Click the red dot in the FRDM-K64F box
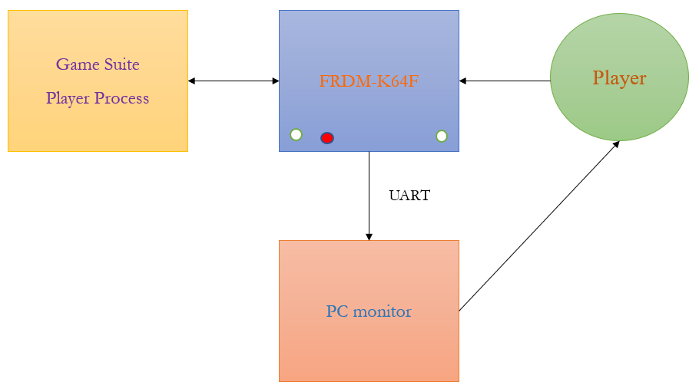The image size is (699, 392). pyautogui.click(x=327, y=138)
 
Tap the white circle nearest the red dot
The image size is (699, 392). pyautogui.click(x=296, y=134)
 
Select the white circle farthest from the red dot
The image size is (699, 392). pyautogui.click(x=442, y=136)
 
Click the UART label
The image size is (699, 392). pyautogui.click(x=409, y=196)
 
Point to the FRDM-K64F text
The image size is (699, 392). pyautogui.click(x=369, y=81)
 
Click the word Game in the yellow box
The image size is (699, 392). pyautogui.click(x=77, y=64)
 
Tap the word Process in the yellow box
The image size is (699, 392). pyautogui.click(x=121, y=98)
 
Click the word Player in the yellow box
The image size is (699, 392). pyautogui.click(x=68, y=98)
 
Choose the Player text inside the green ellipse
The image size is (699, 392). pyautogui.click(x=619, y=77)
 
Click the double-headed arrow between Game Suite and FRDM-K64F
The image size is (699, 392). pyautogui.click(x=234, y=81)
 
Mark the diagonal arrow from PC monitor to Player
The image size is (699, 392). pyautogui.click(x=538, y=227)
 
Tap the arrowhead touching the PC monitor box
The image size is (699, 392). pyautogui.click(x=369, y=236)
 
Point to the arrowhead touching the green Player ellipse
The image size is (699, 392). pyautogui.click(x=616, y=143)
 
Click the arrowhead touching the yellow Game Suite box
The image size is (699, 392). pyautogui.click(x=192, y=81)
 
